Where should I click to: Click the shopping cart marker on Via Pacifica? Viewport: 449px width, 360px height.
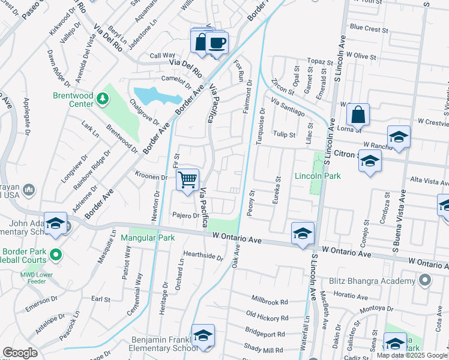coord(188,179)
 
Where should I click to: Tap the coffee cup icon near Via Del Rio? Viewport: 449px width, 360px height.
coord(217,43)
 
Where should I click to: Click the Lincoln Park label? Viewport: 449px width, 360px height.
coord(318,176)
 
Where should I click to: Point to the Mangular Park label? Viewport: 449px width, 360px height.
coord(148,238)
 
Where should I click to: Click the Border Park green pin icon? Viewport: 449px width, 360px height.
coord(56,254)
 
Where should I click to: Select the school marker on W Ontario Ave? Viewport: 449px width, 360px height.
coord(303,233)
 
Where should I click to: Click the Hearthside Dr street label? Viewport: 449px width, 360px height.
coord(203,256)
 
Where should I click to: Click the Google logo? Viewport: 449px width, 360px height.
coord(20,353)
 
